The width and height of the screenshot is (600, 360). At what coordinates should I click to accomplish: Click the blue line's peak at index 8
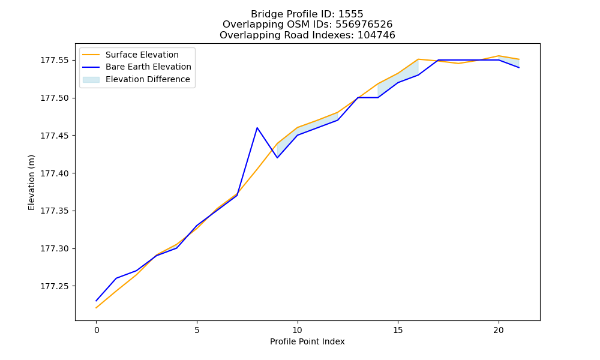[x=257, y=128]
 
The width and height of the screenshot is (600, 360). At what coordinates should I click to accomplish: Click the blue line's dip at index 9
[x=277, y=158]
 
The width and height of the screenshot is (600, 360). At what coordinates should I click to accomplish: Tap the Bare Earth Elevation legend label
[x=148, y=67]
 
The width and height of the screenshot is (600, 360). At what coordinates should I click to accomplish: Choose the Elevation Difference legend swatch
[x=91, y=80]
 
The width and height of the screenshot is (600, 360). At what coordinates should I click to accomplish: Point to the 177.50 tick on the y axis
[x=73, y=98]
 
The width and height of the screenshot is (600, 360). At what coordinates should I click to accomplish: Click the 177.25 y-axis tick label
[x=55, y=286]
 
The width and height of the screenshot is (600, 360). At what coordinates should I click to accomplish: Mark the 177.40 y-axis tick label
[x=55, y=173]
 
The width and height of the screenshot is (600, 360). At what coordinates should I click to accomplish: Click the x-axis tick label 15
[x=398, y=330]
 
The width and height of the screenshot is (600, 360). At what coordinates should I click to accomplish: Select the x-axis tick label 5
[x=197, y=330]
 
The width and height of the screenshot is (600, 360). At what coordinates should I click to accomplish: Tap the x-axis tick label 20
[x=499, y=330]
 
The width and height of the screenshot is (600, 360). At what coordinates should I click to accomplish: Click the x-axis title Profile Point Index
[x=307, y=341]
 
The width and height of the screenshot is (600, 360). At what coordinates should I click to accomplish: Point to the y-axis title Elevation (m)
[x=31, y=182]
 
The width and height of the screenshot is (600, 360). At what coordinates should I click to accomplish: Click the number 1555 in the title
[x=350, y=14]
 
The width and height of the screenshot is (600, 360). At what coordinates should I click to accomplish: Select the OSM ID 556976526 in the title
[x=364, y=25]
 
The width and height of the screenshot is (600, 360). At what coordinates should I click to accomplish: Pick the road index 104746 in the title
[x=376, y=35]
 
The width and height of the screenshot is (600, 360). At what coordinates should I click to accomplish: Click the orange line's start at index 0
[x=96, y=308]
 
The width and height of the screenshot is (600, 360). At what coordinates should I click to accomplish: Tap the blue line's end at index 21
[x=519, y=68]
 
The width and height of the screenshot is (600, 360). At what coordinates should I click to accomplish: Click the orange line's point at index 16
[x=418, y=59]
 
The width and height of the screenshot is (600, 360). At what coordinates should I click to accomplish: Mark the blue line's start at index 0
[x=96, y=301]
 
